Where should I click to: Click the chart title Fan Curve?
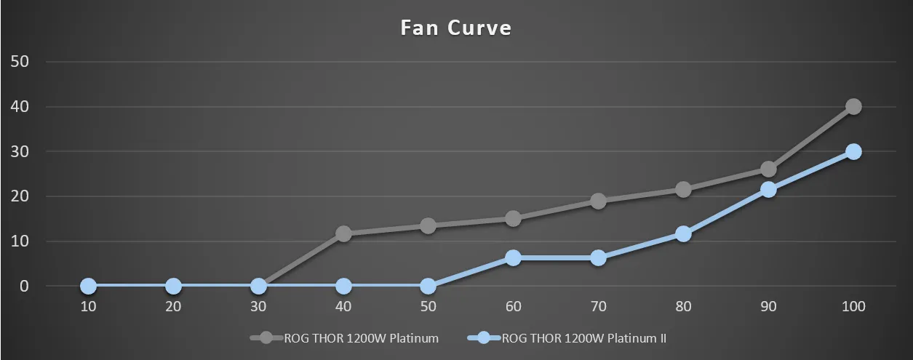pyautogui.click(x=456, y=28)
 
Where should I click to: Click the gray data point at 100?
pyautogui.click(x=853, y=107)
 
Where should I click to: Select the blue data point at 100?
pyautogui.click(x=853, y=151)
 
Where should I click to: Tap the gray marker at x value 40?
pyautogui.click(x=343, y=233)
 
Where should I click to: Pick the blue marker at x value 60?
pyautogui.click(x=513, y=257)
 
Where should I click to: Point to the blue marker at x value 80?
pyautogui.click(x=683, y=233)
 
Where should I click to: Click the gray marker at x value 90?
pyautogui.click(x=768, y=169)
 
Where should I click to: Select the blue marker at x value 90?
pyautogui.click(x=768, y=189)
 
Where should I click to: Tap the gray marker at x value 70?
pyautogui.click(x=598, y=201)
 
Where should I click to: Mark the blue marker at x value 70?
pyautogui.click(x=598, y=257)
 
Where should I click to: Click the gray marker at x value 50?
pyautogui.click(x=428, y=226)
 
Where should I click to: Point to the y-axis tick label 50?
pyautogui.click(x=20, y=62)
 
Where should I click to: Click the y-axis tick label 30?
pyautogui.click(x=20, y=151)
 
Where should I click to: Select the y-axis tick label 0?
pyautogui.click(x=23, y=286)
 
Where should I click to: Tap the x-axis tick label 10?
pyautogui.click(x=88, y=307)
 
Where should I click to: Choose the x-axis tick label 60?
pyautogui.click(x=513, y=307)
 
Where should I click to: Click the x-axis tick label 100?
pyautogui.click(x=853, y=307)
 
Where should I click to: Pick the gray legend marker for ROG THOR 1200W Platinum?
pyautogui.click(x=266, y=338)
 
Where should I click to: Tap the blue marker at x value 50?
pyautogui.click(x=428, y=286)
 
